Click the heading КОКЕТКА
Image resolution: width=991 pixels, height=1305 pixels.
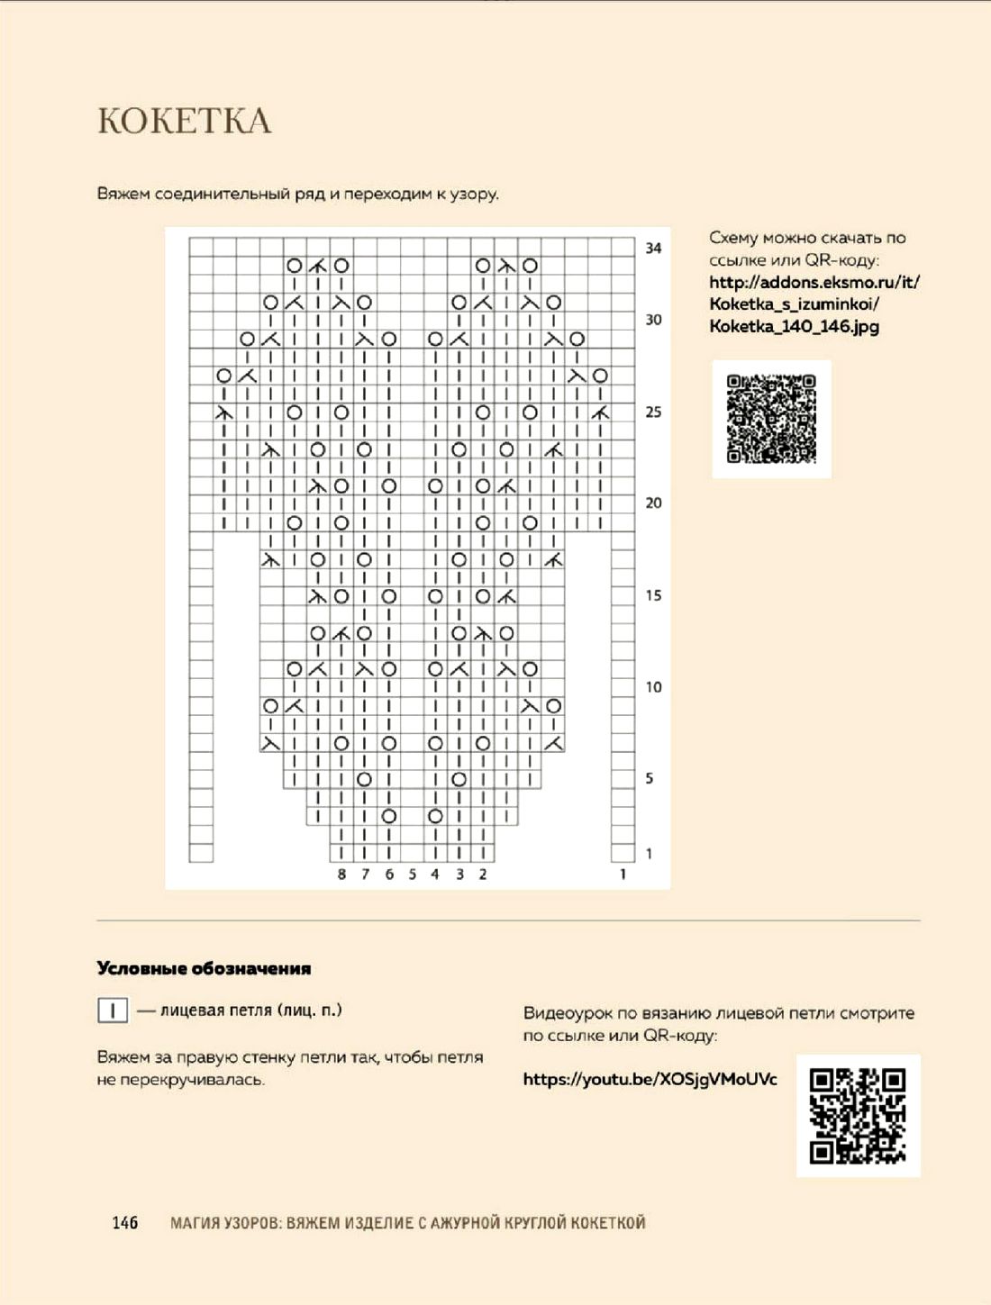pos(184,121)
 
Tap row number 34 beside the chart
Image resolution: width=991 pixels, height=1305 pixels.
pos(653,248)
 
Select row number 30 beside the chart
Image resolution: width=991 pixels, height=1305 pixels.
pos(653,320)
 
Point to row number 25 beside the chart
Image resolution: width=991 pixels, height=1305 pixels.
pos(653,412)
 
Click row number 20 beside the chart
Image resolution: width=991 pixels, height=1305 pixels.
pos(653,503)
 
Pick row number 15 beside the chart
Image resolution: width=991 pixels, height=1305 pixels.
pos(653,595)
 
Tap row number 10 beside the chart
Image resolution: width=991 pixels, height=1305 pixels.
pos(653,687)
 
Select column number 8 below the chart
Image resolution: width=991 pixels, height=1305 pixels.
pos(341,875)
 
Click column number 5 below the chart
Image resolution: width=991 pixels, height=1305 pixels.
pos(412,875)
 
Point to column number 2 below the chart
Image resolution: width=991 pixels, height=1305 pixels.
pos(483,875)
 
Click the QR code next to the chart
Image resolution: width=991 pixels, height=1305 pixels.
pos(771,419)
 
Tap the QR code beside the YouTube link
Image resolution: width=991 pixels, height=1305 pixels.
pos(858,1115)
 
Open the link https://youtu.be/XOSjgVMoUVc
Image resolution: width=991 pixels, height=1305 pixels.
pos(650,1079)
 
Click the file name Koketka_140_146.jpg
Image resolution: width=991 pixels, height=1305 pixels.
pos(794,326)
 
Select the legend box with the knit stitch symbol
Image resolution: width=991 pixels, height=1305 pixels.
pos(113,1010)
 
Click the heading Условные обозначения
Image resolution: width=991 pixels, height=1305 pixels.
pos(204,969)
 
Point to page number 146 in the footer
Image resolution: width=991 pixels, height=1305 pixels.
pos(125,1222)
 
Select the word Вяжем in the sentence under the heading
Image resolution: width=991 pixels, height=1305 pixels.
pos(123,194)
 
